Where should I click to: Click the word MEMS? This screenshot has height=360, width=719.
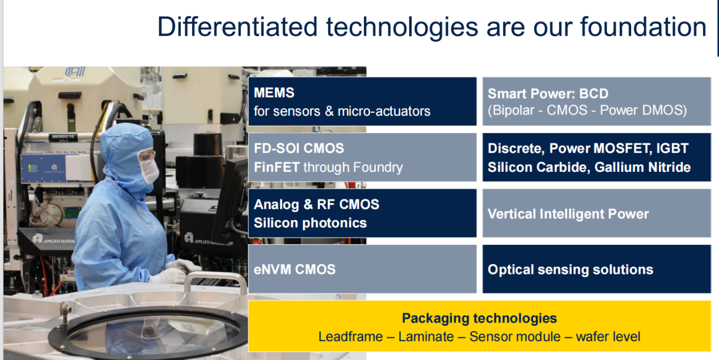[274, 93]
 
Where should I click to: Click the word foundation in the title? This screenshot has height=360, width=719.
[643, 27]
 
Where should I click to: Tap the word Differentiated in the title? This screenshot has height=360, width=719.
[237, 27]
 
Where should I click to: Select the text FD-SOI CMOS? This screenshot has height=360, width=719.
[299, 149]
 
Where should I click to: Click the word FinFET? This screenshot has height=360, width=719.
[277, 167]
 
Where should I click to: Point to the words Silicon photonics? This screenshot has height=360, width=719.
[310, 223]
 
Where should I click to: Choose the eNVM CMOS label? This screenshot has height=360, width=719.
[294, 269]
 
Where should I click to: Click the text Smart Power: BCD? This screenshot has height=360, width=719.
[548, 94]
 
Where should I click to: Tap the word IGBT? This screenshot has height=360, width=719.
[672, 149]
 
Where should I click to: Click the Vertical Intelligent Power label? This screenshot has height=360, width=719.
[568, 214]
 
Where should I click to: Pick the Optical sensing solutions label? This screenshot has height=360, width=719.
[570, 269]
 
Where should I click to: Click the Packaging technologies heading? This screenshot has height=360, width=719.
[479, 319]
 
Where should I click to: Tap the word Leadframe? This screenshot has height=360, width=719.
[350, 337]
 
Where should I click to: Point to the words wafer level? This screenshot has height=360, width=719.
[608, 337]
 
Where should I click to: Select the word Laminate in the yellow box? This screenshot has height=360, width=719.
[426, 337]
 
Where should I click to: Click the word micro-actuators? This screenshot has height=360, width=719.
[384, 111]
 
